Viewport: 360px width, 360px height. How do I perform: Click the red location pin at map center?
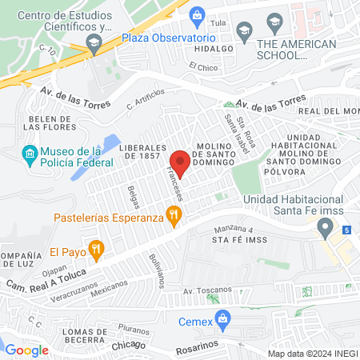pos(180,163)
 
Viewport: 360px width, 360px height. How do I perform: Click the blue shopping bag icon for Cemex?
pos(225,322)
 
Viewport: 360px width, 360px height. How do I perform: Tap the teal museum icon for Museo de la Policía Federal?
pos(30,153)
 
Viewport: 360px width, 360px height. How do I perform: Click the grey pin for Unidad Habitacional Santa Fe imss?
pos(325,230)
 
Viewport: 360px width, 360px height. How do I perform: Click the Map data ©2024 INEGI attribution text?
pos(312,354)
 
